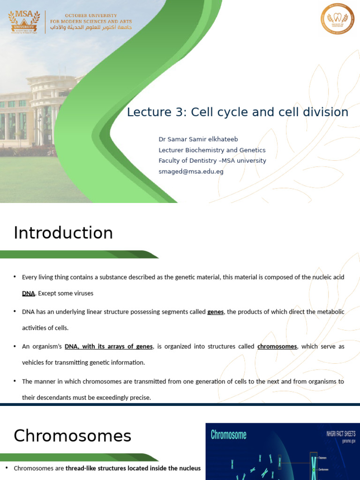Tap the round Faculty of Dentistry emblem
click(337, 19)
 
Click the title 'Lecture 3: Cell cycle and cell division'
click(238, 112)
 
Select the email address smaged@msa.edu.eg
click(191, 171)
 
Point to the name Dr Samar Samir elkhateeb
click(195, 139)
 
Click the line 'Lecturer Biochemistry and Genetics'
click(212, 150)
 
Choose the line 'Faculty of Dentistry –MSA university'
click(212, 160)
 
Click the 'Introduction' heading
click(63, 233)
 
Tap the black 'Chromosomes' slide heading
click(72, 436)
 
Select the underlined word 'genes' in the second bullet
click(215, 312)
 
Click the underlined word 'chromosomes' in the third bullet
click(277, 346)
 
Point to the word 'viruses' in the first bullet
click(82, 293)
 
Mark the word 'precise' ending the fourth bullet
click(140, 397)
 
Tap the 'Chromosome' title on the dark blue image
click(228, 435)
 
